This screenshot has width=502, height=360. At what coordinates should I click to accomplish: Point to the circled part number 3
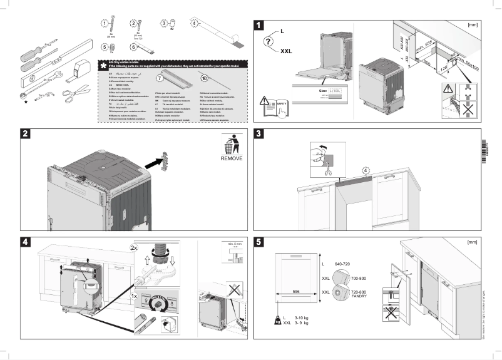click(164, 23)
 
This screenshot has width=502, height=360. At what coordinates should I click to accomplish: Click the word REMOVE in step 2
click(231, 159)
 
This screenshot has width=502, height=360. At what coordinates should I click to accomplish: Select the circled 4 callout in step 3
click(366, 170)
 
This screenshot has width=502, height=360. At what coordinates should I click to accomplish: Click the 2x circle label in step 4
click(134, 248)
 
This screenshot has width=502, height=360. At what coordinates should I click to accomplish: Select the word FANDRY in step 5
click(359, 296)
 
